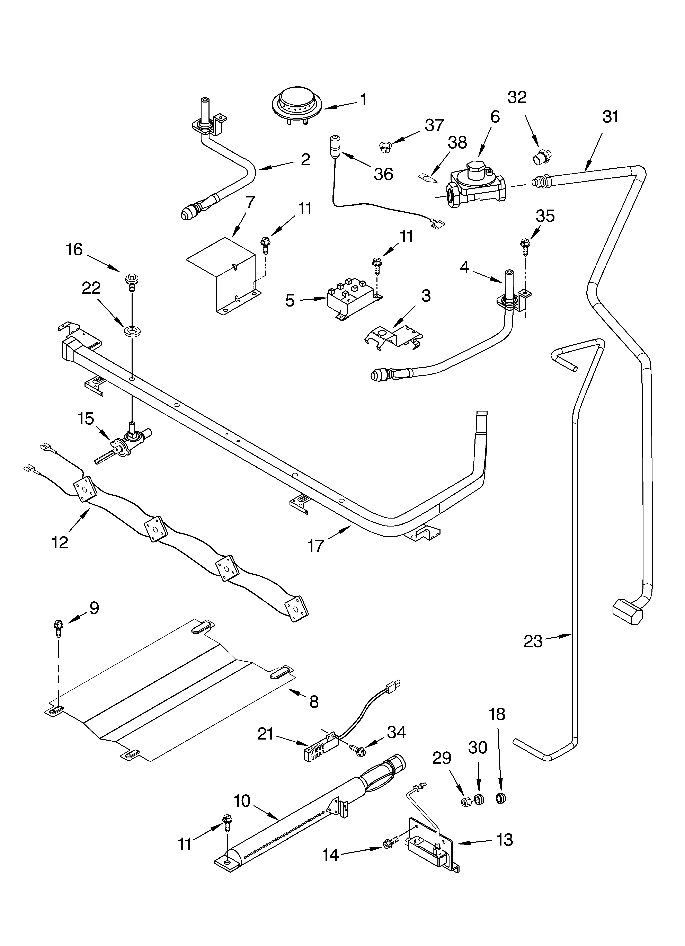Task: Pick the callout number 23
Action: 533,641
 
